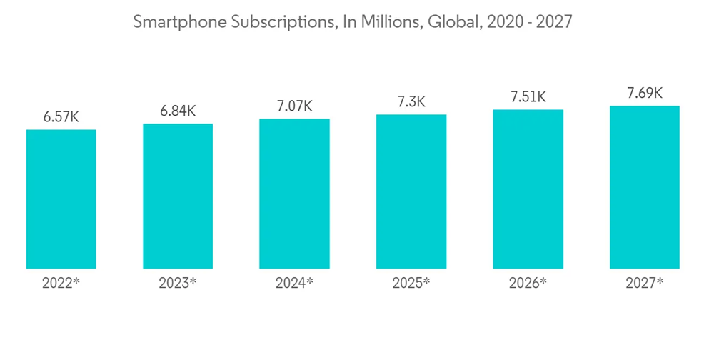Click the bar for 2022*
(61, 199)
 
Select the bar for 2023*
(178, 196)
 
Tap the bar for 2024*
(294, 194)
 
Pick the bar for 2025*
(411, 191)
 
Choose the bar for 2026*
(528, 189)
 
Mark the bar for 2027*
(645, 187)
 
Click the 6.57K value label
(61, 117)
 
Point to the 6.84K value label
(178, 111)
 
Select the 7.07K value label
(294, 106)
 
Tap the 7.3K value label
(411, 102)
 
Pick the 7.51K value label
(528, 97)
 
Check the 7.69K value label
(645, 94)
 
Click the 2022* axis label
(61, 283)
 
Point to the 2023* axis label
(178, 283)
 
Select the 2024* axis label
(294, 283)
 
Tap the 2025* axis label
(411, 283)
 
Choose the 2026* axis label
(528, 283)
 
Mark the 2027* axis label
(645, 283)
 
